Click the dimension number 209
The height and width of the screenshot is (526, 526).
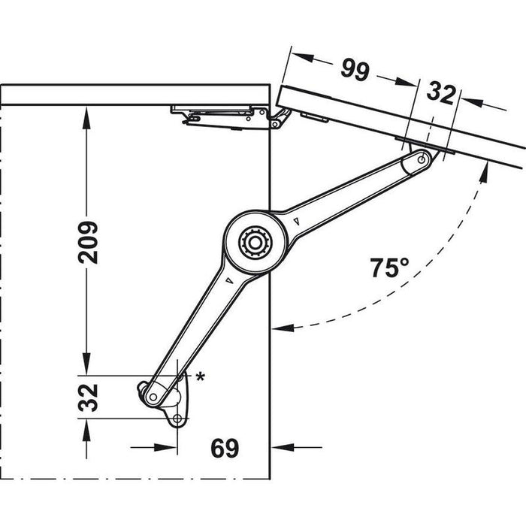click(89, 241)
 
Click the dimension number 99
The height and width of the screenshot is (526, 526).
click(355, 71)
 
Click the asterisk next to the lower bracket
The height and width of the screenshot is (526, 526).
click(201, 376)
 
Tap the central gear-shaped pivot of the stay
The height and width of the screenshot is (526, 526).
click(254, 242)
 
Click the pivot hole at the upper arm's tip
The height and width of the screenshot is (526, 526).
click(423, 159)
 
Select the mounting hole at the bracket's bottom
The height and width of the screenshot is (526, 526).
click(177, 419)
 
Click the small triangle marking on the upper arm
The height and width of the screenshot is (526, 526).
click(298, 222)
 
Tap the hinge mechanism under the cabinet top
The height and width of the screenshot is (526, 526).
click(225, 115)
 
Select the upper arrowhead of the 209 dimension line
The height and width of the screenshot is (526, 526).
click(89, 111)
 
